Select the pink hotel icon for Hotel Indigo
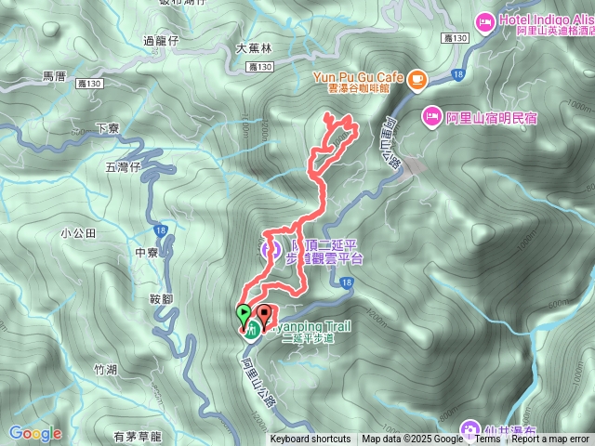[484, 20]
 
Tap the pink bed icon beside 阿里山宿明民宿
[431, 117]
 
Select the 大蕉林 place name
[251, 49]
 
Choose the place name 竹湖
[105, 369]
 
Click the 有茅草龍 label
[138, 435]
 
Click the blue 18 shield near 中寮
[162, 228]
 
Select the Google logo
[35, 433]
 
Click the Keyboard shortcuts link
[311, 439]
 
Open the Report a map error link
[550, 439]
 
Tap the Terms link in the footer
[487, 439]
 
